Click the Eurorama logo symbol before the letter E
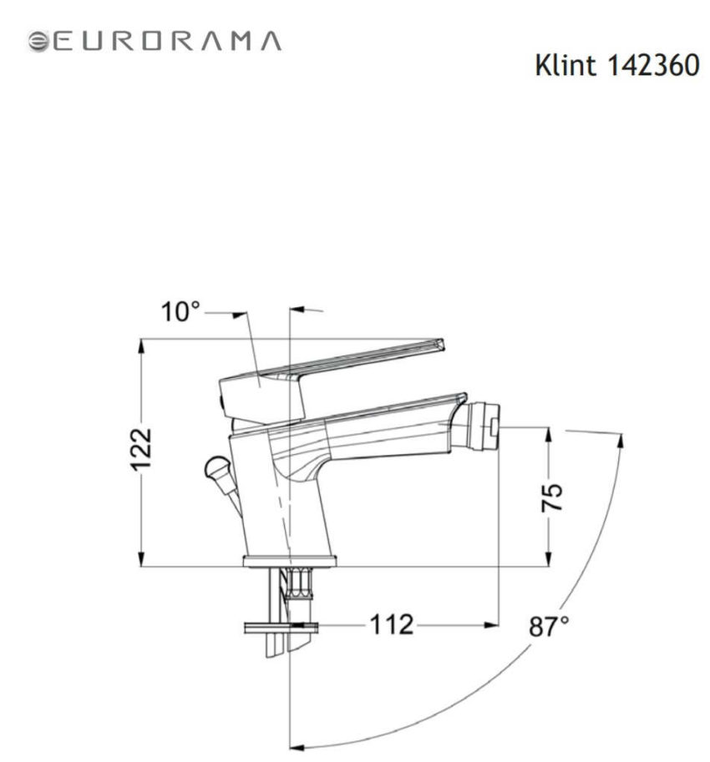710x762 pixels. (x=38, y=41)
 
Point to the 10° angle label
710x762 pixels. (x=181, y=313)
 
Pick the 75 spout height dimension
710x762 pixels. (x=550, y=498)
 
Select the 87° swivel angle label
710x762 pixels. (x=549, y=626)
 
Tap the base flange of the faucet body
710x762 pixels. (x=289, y=562)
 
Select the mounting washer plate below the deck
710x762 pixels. (x=280, y=625)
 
